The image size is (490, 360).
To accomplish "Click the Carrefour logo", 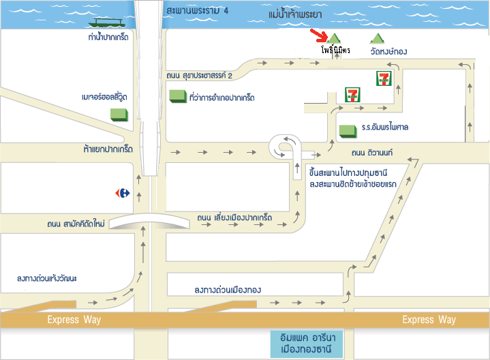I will (123, 193).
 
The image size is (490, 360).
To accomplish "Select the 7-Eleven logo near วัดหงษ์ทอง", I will (384, 78).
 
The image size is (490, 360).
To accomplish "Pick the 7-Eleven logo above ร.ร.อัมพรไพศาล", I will (352, 95).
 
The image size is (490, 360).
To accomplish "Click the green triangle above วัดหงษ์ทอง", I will (376, 40).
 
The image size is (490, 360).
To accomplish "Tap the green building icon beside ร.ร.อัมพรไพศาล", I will (348, 129).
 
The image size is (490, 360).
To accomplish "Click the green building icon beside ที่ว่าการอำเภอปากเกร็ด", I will (177, 96).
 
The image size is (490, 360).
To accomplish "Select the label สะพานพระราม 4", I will (198, 12).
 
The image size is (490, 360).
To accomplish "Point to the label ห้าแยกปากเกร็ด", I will (108, 148).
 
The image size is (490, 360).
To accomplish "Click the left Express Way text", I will (74, 320).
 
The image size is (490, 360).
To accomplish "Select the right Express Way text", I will (429, 320).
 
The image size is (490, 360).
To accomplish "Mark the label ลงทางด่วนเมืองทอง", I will (237, 290).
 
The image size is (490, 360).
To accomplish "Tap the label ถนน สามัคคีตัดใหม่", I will (76, 224).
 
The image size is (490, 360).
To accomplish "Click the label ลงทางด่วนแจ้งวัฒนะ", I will (57, 277).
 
